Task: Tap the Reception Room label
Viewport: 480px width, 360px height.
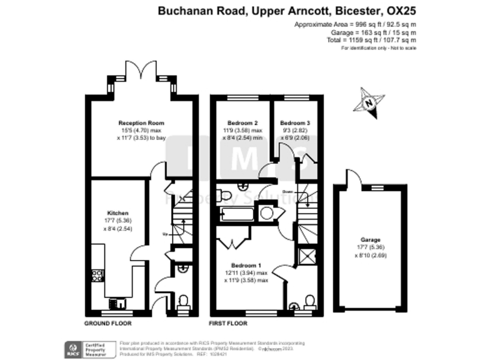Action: point(137,122)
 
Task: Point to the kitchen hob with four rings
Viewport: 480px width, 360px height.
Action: point(97,275)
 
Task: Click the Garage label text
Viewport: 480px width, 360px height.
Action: point(370,240)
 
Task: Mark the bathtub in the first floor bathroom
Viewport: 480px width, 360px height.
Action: point(236,216)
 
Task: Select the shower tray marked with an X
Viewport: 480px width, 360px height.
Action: point(306,257)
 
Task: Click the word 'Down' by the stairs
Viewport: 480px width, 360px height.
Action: point(287,192)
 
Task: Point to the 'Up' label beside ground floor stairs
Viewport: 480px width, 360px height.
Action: point(164,234)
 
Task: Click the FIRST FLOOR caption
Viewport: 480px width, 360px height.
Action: point(228,324)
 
